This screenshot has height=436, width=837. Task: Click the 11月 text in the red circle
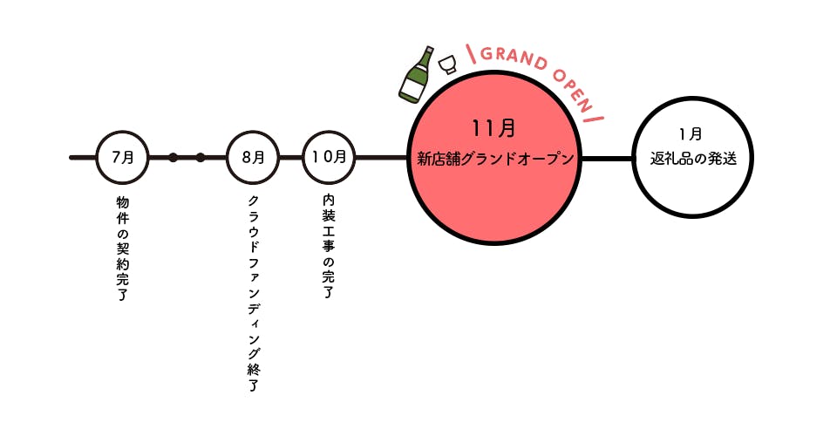(493, 128)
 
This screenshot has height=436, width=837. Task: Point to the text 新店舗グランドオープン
(495, 159)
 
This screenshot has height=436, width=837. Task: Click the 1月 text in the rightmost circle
(691, 134)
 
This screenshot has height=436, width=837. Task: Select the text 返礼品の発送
(693, 159)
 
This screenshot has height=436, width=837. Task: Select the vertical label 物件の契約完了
(122, 249)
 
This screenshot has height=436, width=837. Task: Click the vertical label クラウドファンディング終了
(253, 294)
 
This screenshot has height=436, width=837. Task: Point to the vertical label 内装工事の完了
(329, 246)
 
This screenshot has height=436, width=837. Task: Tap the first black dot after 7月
(173, 158)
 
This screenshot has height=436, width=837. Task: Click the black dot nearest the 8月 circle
(201, 158)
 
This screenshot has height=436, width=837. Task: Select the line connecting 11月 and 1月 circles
(607, 159)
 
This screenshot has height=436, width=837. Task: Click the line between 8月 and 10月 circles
(291, 158)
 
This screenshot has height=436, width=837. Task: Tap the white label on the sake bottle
(411, 88)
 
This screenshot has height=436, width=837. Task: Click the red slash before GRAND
(472, 54)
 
